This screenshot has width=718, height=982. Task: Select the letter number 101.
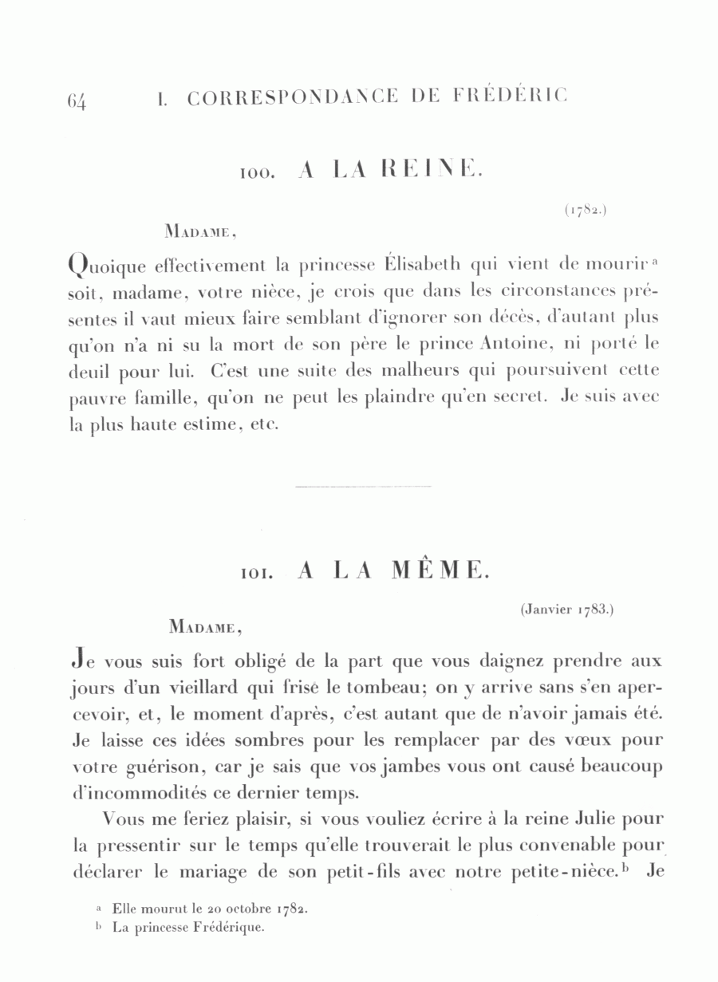click(257, 574)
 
